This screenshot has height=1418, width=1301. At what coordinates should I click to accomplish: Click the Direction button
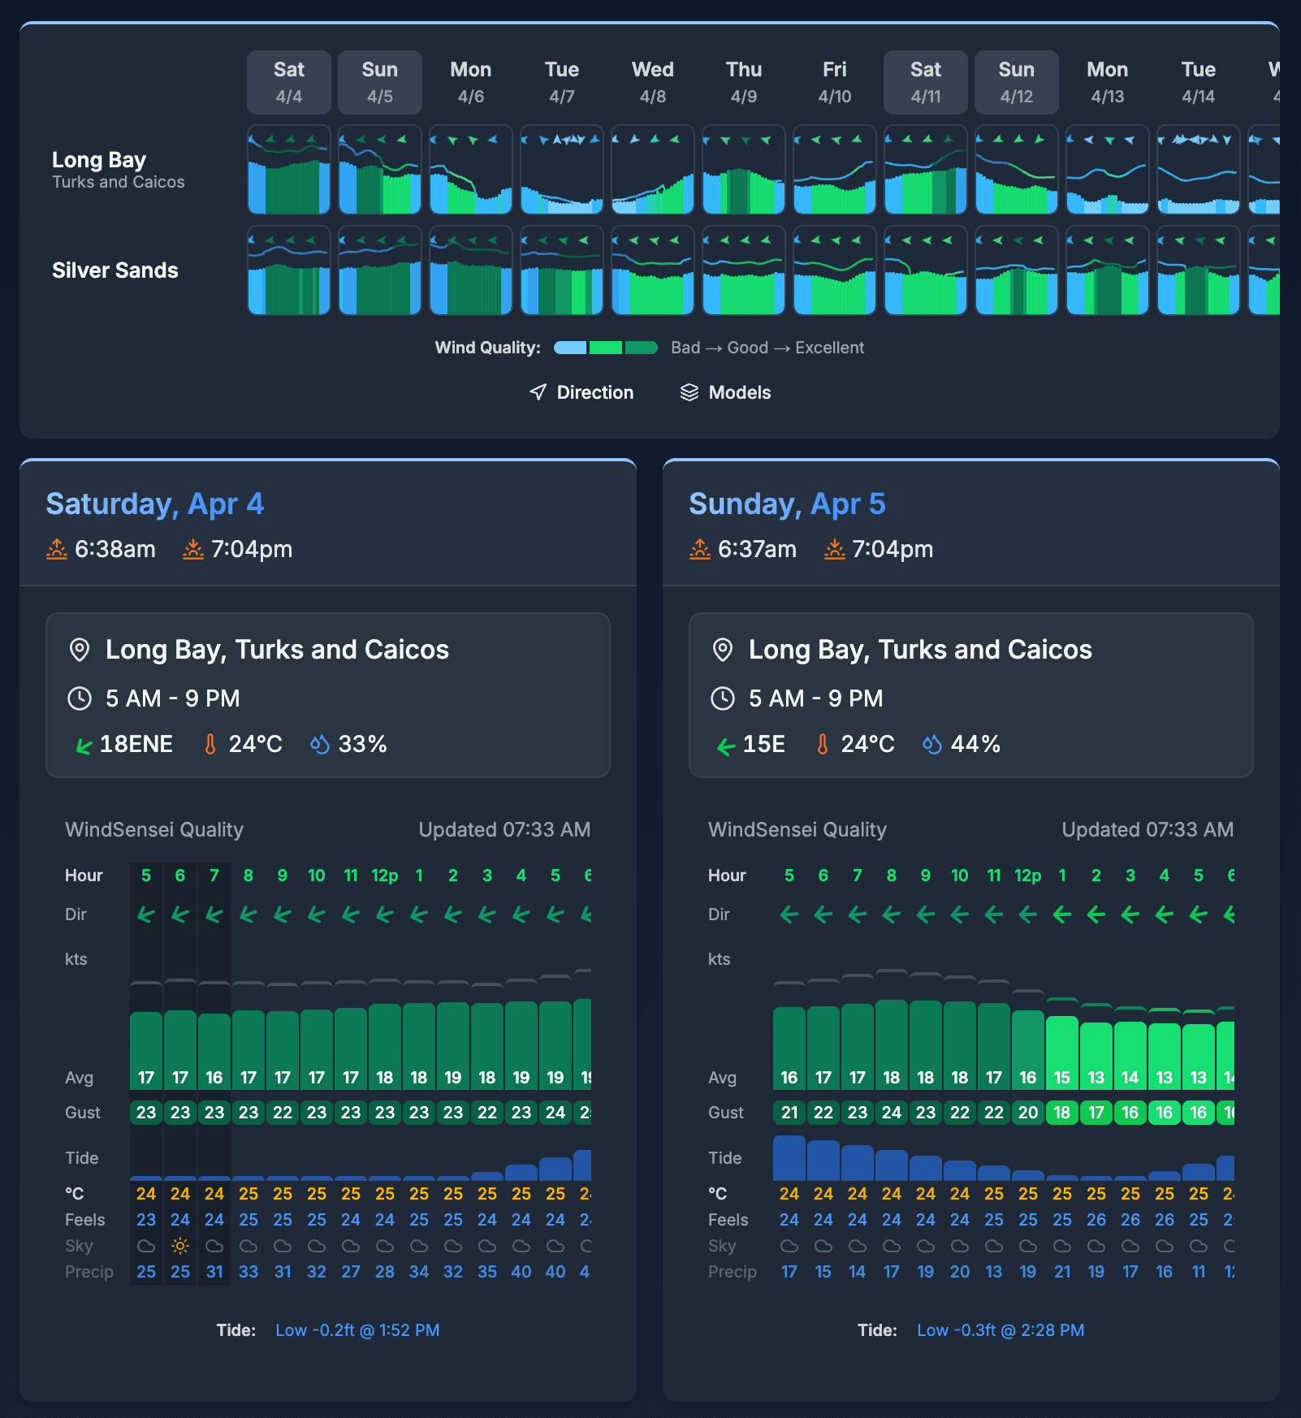point(581,392)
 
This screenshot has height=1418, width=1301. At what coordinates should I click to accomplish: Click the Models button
point(725,392)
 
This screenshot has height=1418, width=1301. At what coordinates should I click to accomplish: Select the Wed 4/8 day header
point(652,82)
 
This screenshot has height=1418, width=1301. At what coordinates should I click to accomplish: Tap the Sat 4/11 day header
point(925,82)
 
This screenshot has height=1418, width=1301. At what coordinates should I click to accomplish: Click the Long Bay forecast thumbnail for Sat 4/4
point(289,170)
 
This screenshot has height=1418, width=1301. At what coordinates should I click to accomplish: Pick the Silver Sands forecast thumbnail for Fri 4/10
point(834,270)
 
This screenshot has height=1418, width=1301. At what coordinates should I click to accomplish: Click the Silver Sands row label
point(115,270)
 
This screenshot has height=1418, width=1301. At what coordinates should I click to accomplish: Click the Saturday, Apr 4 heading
point(154,504)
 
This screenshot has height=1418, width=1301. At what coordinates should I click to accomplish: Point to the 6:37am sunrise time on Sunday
point(756,549)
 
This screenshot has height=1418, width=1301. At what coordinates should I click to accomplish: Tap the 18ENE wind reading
point(136,744)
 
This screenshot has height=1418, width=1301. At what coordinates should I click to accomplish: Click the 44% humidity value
point(975,744)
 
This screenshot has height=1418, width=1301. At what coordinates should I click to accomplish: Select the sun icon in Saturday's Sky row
point(180,1246)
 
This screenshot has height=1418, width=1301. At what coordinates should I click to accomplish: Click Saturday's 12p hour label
point(384,875)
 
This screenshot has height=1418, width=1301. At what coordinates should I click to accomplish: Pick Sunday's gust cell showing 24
point(891,1113)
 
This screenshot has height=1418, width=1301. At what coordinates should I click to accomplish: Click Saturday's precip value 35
point(486,1272)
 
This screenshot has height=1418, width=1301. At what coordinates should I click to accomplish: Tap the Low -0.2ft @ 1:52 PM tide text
point(357,1330)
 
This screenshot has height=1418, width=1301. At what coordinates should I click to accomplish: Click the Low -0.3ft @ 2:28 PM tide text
point(1001,1330)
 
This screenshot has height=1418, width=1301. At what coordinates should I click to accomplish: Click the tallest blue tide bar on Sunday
point(789,1158)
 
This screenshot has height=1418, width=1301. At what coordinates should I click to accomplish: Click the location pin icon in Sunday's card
point(722,650)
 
